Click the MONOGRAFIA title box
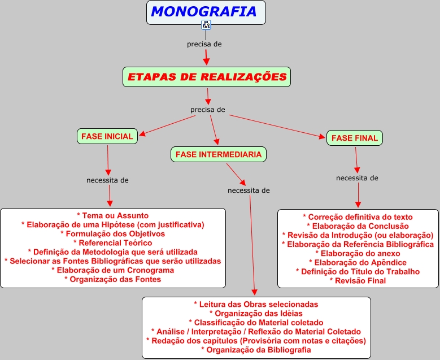pyautogui.click(x=206, y=12)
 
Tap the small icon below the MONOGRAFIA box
pyautogui.click(x=206, y=25)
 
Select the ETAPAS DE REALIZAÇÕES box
pyautogui.click(x=207, y=77)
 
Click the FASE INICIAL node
pyautogui.click(x=107, y=136)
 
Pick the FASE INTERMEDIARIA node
pyautogui.click(x=219, y=154)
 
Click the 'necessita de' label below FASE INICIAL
pyautogui.click(x=107, y=180)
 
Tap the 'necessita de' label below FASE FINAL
pyautogui.click(x=357, y=178)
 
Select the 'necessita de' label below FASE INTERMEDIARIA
pyautogui.click(x=249, y=190)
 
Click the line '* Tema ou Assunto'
pyautogui.click(x=112, y=215)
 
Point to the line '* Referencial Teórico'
pyautogui.click(x=112, y=242)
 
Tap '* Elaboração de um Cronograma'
pyautogui.click(x=112, y=270)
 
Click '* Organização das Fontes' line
pyautogui.click(x=112, y=279)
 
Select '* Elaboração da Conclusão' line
pyautogui.click(x=358, y=226)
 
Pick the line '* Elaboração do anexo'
pyautogui.click(x=358, y=253)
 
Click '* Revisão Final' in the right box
pyautogui.click(x=358, y=280)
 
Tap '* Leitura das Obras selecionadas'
pyautogui.click(x=256, y=305)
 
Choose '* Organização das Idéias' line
pyautogui.click(x=256, y=314)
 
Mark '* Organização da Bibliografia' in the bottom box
pyautogui.click(x=256, y=350)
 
